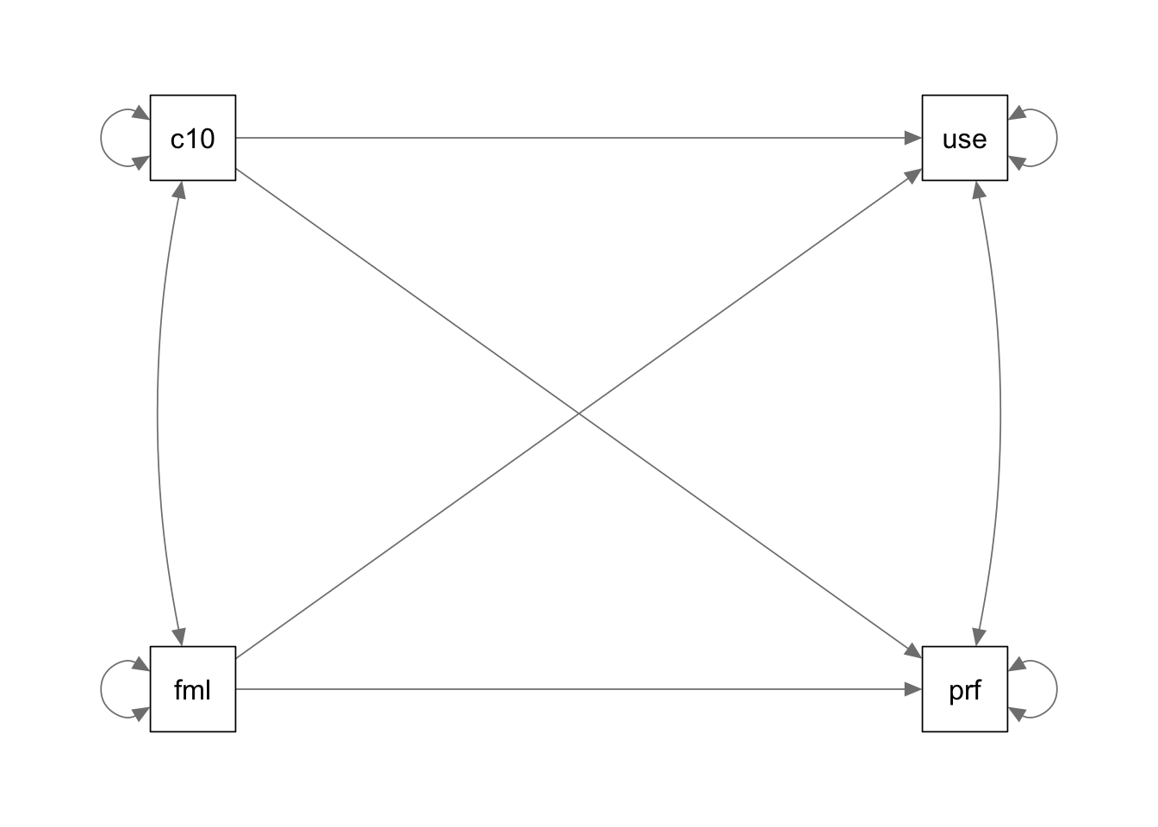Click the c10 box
193,138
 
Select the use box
965,138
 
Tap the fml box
193,689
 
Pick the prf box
965,689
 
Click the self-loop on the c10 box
101,138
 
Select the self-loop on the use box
1056,138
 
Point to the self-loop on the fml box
101,689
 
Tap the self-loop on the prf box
1056,689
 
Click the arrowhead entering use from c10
913,138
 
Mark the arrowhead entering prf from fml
913,689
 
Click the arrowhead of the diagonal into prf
914,652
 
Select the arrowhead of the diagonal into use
914,175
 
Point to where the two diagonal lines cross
579,413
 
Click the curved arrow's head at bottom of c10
179,190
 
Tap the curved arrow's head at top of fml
180,637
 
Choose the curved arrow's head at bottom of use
978,190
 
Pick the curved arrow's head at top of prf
978,637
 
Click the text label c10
193,139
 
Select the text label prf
965,691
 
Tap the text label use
965,140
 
